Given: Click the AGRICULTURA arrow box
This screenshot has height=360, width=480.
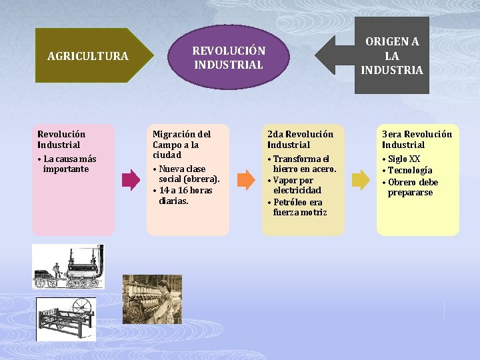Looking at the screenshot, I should click(87, 56).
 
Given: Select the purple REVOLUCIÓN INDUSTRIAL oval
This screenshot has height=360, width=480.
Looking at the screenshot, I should click(229, 57).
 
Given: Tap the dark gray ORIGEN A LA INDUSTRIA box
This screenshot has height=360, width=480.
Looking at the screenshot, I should click(391, 55).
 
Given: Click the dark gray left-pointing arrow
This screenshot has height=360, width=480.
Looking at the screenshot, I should click(333, 55).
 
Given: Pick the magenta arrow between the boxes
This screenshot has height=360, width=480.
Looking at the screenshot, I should click(131, 179).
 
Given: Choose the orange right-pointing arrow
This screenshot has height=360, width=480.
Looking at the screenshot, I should click(246, 179).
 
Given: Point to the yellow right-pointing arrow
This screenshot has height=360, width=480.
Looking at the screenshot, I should click(360, 179).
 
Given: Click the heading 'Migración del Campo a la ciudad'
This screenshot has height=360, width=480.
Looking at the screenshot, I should click(181, 145).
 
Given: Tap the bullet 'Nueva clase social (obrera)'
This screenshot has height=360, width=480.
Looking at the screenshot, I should click(188, 174).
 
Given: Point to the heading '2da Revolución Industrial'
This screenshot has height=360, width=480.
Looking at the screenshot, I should click(300, 139).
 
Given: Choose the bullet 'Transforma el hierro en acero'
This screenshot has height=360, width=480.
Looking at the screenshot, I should click(304, 164).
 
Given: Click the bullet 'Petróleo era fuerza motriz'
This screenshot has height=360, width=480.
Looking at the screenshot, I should click(299, 207).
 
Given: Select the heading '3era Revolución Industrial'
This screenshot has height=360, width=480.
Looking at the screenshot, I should click(417, 139).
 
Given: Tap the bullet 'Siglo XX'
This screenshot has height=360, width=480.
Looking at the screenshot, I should click(404, 159).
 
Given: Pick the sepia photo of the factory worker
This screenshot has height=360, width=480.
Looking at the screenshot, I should click(152, 298).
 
